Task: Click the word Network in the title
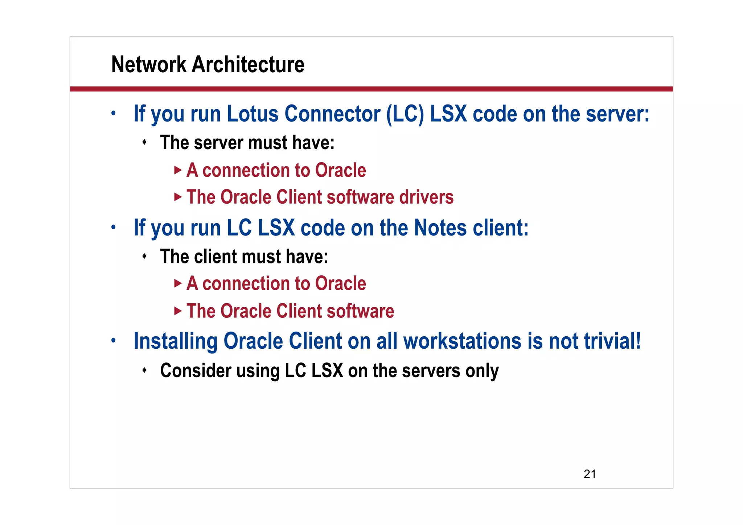point(149,65)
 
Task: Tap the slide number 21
point(590,474)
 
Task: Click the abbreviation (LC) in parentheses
point(405,114)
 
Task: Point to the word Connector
point(332,114)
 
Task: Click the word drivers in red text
point(426,197)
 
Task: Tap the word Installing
point(175,341)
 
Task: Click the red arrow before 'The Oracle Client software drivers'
point(177,197)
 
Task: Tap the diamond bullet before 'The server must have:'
point(144,142)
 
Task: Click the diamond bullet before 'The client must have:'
point(144,257)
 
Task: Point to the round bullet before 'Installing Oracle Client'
point(114,340)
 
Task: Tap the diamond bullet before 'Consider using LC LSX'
point(144,370)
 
